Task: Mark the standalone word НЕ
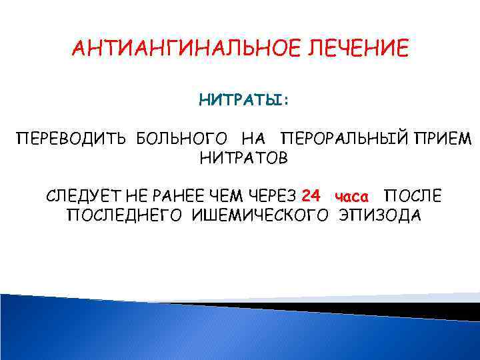click(x=134, y=197)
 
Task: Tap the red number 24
click(x=311, y=196)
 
